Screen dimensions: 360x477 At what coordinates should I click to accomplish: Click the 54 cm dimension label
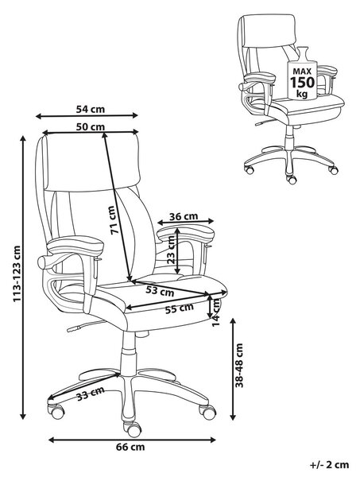[91, 109]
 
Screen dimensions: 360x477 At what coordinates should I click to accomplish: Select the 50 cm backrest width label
[91, 126]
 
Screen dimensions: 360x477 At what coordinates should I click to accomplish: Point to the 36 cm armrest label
[184, 216]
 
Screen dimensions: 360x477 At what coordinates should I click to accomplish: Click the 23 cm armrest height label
[171, 250]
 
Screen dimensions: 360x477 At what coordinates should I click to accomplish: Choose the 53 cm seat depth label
[160, 290]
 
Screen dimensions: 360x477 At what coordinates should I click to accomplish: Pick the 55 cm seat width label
[180, 308]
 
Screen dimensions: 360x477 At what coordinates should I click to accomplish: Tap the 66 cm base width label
[130, 447]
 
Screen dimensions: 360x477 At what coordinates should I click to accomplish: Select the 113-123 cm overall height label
[17, 273]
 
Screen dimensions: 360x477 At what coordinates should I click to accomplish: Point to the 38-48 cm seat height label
[239, 365]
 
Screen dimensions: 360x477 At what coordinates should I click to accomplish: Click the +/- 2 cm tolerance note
[330, 465]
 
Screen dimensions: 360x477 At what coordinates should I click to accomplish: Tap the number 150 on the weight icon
[302, 82]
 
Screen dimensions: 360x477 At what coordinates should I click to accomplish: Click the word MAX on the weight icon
[302, 72]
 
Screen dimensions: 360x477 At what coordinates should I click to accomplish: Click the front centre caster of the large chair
[134, 429]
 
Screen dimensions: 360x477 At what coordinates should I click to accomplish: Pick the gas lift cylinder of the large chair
[129, 353]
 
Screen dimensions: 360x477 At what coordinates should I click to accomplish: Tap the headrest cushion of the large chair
[92, 163]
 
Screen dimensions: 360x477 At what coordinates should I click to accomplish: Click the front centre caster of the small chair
[292, 179]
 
